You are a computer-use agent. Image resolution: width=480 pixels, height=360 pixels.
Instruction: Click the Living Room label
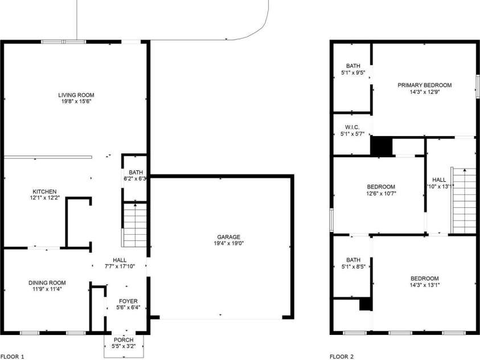[x=76, y=95]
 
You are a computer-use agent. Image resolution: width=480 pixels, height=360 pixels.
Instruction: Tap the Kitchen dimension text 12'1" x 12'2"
[x=44, y=198]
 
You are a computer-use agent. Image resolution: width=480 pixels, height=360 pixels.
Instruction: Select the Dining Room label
[x=47, y=283]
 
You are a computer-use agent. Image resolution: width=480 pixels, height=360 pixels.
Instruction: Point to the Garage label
[x=228, y=237]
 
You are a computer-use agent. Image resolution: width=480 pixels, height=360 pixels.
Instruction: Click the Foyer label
[x=128, y=301]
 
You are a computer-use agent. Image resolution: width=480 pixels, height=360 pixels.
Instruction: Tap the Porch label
[x=124, y=340]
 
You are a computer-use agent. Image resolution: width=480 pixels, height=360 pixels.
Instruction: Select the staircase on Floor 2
[x=463, y=200]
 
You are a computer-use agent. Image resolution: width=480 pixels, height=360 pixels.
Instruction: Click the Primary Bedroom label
[x=424, y=85]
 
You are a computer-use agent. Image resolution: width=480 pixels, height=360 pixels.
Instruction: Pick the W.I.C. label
[x=351, y=126]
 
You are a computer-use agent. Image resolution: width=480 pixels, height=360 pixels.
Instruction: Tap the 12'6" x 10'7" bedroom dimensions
[x=381, y=193]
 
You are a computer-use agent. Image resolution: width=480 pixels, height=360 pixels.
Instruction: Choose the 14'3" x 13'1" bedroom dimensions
[x=424, y=285]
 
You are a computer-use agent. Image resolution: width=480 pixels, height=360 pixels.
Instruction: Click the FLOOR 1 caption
[x=13, y=357]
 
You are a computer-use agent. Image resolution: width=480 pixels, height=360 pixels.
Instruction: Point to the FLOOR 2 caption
[x=342, y=357]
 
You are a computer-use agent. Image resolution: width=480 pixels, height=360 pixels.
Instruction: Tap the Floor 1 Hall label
[x=120, y=260]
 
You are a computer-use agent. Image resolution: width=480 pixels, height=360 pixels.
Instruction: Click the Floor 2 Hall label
[x=440, y=179]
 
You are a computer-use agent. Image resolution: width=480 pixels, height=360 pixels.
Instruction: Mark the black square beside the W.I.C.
[x=381, y=145]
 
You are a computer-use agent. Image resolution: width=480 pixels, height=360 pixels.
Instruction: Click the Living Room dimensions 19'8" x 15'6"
[x=76, y=101]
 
